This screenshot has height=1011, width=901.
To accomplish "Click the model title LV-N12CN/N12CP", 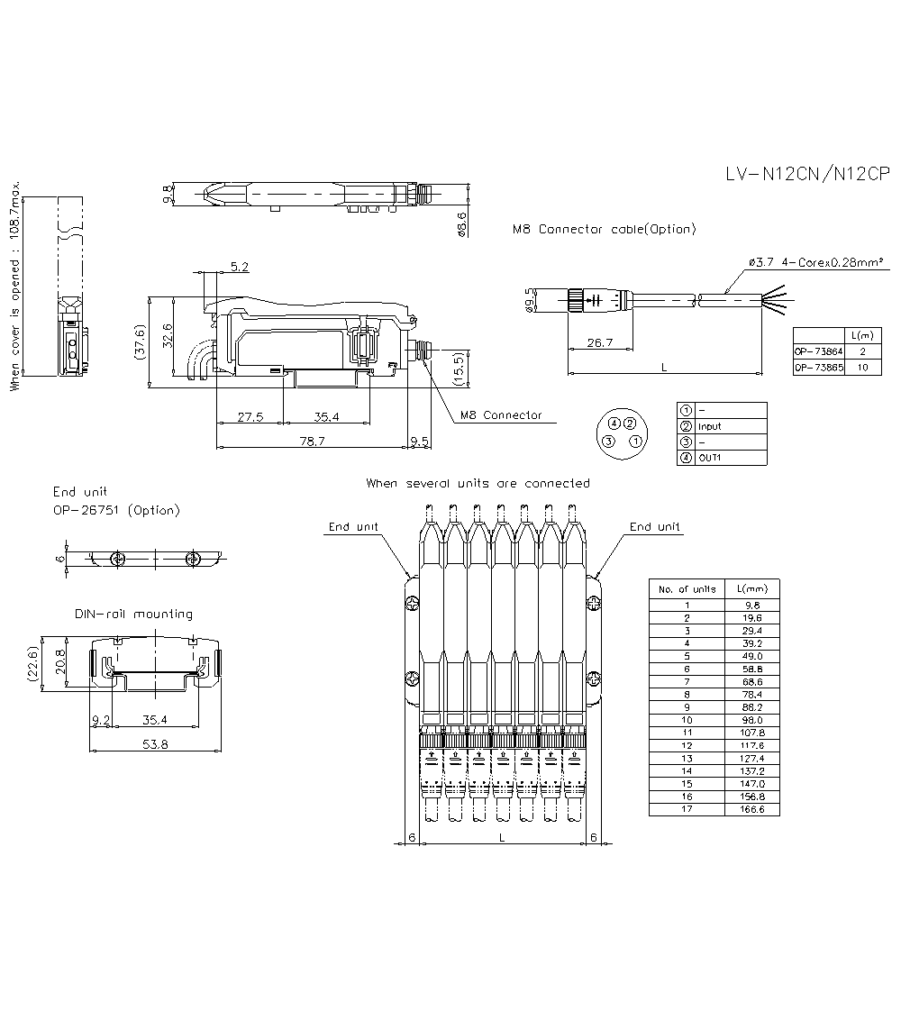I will click(807, 175).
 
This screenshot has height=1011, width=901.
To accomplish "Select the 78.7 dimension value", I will click(312, 441).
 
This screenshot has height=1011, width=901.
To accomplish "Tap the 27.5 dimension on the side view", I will click(250, 416).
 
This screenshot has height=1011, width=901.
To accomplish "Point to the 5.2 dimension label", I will click(240, 266).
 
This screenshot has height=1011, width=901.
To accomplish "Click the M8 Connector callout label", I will click(501, 415).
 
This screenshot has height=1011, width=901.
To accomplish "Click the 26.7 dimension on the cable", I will click(599, 342).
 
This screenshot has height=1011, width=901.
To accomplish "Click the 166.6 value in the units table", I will click(751, 809).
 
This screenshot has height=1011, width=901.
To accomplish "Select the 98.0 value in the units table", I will click(751, 720).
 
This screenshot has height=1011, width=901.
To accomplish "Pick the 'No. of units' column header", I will click(687, 589).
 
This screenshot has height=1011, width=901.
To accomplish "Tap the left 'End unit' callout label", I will click(353, 527).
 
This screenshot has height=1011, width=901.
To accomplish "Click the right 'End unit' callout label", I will click(654, 527).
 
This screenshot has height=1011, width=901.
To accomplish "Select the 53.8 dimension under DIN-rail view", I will click(154, 744).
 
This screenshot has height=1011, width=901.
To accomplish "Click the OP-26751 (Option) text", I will click(115, 510).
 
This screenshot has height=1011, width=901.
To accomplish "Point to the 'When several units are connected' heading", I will click(478, 484).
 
